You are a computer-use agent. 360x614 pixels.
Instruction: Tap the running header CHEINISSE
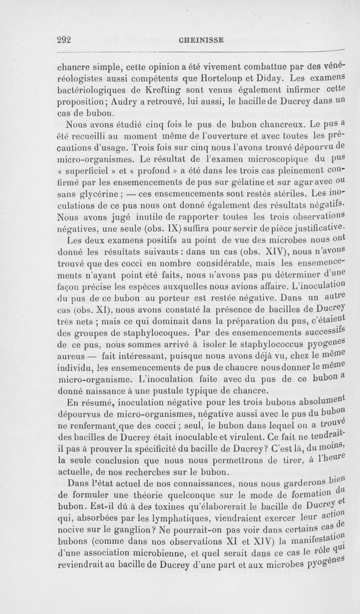tap(201, 40)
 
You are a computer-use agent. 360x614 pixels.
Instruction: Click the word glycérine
tap(101, 196)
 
